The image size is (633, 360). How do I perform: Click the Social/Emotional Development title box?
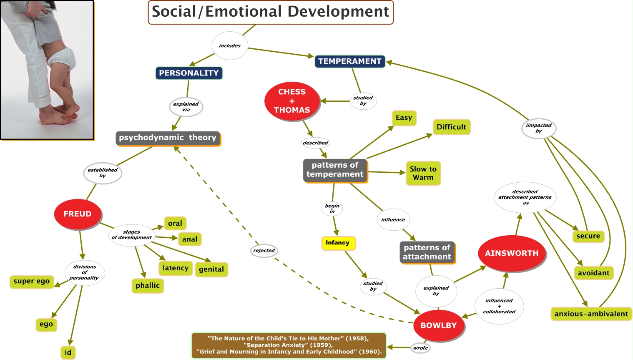[x=271, y=12]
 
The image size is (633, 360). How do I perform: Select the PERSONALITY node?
[x=189, y=73]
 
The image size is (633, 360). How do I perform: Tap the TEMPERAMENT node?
[x=349, y=61]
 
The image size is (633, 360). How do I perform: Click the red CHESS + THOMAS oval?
[x=292, y=101]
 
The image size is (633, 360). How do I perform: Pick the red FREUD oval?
[x=78, y=214]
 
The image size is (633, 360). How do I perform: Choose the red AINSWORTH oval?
[x=512, y=253]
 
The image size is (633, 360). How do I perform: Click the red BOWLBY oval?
[x=439, y=325]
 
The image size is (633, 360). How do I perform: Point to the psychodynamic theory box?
[x=168, y=138]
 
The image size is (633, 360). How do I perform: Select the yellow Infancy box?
[x=338, y=243]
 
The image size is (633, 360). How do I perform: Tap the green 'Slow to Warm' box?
[x=423, y=173]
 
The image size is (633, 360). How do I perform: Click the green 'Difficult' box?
[x=451, y=127]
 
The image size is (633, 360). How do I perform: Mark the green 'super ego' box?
[x=32, y=282]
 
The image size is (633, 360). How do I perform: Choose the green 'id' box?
[x=68, y=352]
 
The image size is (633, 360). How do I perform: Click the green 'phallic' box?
[x=148, y=286]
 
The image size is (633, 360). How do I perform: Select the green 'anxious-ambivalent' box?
[x=591, y=314]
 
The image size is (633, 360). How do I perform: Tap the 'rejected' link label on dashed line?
[x=264, y=251]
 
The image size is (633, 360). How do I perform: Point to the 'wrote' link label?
[x=421, y=348]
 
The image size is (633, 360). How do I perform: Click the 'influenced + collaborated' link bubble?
[x=499, y=306]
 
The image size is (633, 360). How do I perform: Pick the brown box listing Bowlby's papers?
[x=289, y=345]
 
